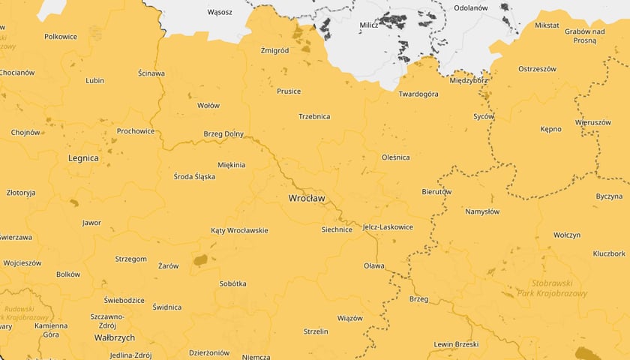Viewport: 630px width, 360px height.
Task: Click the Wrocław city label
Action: tap(306, 198)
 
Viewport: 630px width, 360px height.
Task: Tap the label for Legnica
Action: tap(83, 158)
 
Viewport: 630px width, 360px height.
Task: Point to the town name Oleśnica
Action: tap(396, 157)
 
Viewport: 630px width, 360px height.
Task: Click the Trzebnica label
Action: tap(314, 116)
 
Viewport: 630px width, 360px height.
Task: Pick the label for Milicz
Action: tap(369, 25)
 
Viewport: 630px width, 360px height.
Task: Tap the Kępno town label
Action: tap(550, 129)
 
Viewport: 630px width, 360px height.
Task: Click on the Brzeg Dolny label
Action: tap(223, 134)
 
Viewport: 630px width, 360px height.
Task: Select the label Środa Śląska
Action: tap(194, 176)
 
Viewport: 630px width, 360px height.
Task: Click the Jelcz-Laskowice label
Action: tap(388, 226)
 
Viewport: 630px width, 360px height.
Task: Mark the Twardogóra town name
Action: tap(418, 94)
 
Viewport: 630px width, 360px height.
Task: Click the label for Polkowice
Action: tap(61, 36)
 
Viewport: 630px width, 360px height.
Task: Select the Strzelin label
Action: tap(316, 331)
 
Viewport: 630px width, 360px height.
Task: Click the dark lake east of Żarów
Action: tap(199, 260)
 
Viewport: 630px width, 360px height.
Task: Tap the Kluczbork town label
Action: tap(608, 253)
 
